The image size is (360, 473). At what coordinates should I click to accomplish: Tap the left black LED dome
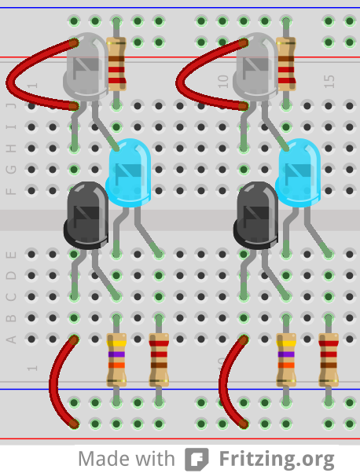pyautogui.click(x=86, y=214)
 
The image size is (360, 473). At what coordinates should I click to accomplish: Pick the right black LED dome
pyautogui.click(x=256, y=214)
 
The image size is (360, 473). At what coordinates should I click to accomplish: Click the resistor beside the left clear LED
pyautogui.click(x=116, y=64)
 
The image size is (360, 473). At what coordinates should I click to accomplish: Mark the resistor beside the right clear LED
pyautogui.click(x=287, y=64)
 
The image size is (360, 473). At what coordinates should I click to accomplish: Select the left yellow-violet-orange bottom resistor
pyautogui.click(x=116, y=360)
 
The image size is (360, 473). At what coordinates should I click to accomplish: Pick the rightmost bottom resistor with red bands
pyautogui.click(x=329, y=360)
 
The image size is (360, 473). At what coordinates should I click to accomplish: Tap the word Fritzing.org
pyautogui.click(x=277, y=458)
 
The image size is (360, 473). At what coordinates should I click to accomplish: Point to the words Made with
pyautogui.click(x=127, y=458)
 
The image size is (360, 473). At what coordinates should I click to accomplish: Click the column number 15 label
pyautogui.click(x=329, y=80)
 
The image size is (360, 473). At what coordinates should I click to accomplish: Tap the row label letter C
pyautogui.click(x=11, y=297)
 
